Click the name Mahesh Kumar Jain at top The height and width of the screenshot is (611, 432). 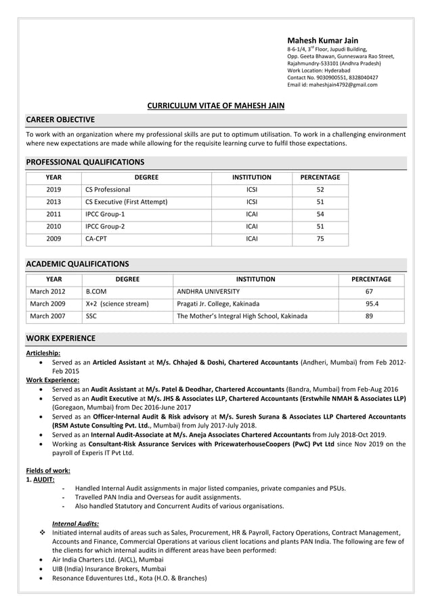[x=322, y=41]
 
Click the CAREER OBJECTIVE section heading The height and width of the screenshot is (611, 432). [x=60, y=120]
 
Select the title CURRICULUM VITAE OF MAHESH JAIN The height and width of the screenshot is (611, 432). [x=216, y=106]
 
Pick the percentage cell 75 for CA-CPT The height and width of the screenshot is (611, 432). [x=320, y=238]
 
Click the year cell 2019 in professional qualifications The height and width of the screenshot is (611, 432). [x=53, y=190]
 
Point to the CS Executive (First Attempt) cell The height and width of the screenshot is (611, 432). [x=127, y=202]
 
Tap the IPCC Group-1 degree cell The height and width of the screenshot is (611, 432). [x=105, y=214]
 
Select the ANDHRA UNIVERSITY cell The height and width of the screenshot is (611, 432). [x=208, y=291]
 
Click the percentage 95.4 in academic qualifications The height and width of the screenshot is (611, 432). [x=372, y=303]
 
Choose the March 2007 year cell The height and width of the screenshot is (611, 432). [x=47, y=316]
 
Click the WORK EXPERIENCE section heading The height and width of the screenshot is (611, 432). [x=60, y=338]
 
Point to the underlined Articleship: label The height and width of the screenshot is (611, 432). [x=43, y=353]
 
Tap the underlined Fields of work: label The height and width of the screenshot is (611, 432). [x=48, y=470]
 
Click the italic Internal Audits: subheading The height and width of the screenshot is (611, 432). [x=75, y=523]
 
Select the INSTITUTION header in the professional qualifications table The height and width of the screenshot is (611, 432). [x=251, y=177]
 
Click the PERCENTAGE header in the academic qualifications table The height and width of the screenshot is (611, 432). [x=371, y=279]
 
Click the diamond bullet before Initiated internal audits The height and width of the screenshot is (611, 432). [x=43, y=532]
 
